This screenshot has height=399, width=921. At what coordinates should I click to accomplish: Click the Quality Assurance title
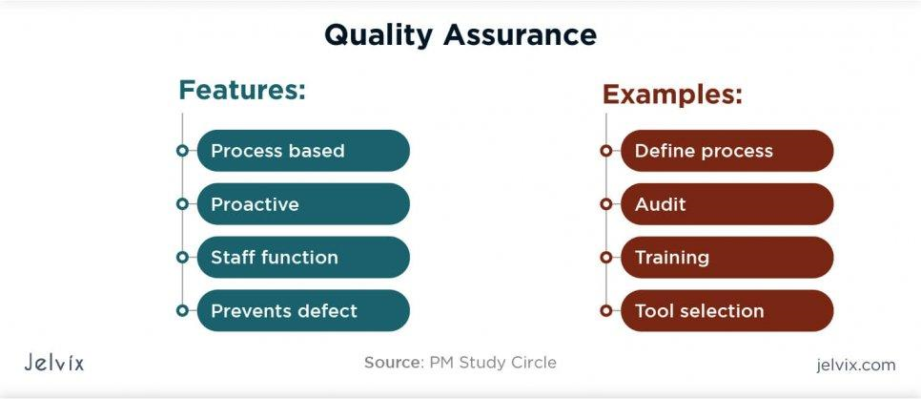pyautogui.click(x=460, y=35)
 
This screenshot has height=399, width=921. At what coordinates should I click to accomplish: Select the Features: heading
pyautogui.click(x=242, y=91)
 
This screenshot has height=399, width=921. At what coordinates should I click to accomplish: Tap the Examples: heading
pyautogui.click(x=672, y=94)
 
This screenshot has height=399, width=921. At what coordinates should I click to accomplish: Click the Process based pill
pyautogui.click(x=303, y=151)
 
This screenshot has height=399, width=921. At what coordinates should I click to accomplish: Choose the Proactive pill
pyautogui.click(x=303, y=204)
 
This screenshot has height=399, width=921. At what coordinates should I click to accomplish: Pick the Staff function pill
pyautogui.click(x=303, y=258)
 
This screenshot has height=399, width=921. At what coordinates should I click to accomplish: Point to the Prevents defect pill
pyautogui.click(x=303, y=311)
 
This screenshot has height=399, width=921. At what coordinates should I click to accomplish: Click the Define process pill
pyautogui.click(x=727, y=151)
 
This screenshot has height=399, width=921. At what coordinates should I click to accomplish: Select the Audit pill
pyautogui.click(x=727, y=204)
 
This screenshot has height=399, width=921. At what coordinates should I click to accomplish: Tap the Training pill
pyautogui.click(x=727, y=258)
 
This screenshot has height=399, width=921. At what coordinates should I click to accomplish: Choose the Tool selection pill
pyautogui.click(x=727, y=311)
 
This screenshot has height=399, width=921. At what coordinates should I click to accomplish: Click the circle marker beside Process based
pyautogui.click(x=182, y=151)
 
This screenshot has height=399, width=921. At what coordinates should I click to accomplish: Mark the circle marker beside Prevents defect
pyautogui.click(x=182, y=311)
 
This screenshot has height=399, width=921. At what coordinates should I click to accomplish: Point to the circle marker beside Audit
pyautogui.click(x=605, y=204)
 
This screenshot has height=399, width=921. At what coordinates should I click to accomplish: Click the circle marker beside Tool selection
pyautogui.click(x=605, y=311)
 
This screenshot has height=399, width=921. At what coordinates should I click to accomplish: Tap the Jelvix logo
pyautogui.click(x=53, y=363)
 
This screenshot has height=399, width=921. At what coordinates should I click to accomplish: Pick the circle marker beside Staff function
pyautogui.click(x=182, y=258)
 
